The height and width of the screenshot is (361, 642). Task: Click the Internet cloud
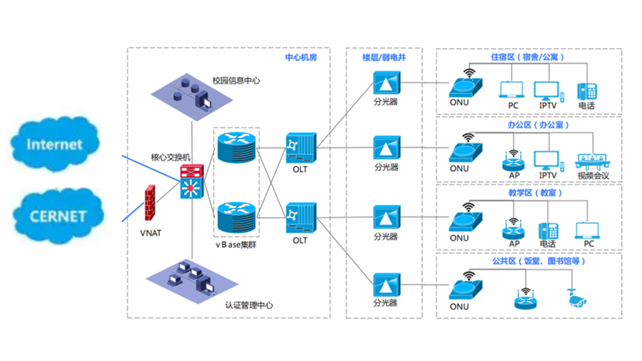click(55, 145)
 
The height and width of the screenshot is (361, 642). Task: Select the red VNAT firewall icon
click(149, 203)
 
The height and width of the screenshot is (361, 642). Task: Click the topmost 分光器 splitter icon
click(386, 84)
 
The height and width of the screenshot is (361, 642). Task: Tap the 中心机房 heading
click(303, 58)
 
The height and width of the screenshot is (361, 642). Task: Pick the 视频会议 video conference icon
click(594, 159)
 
